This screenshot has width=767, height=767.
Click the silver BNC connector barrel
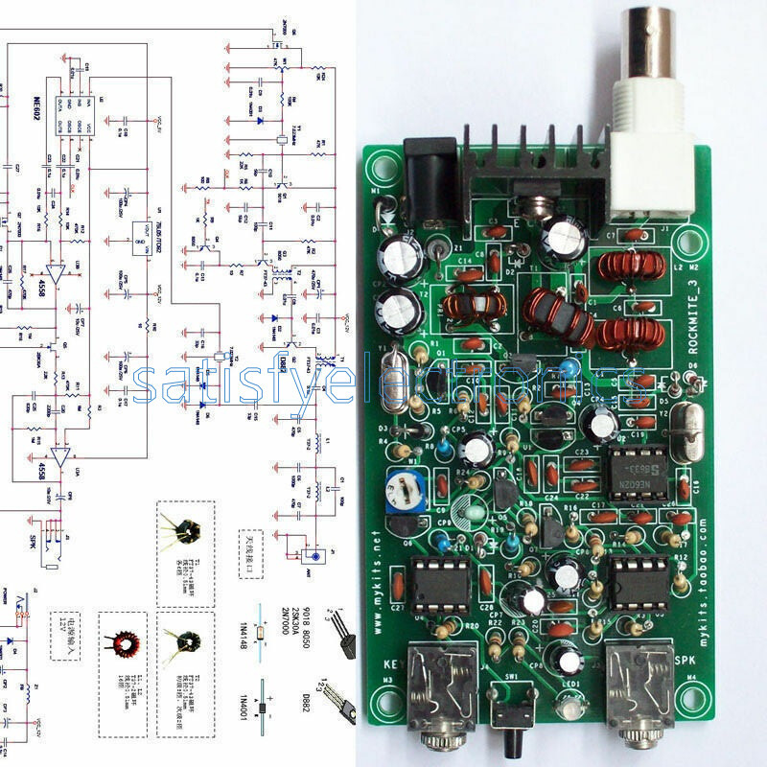(x=657, y=43)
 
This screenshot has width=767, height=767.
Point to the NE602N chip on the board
(x=637, y=467)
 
